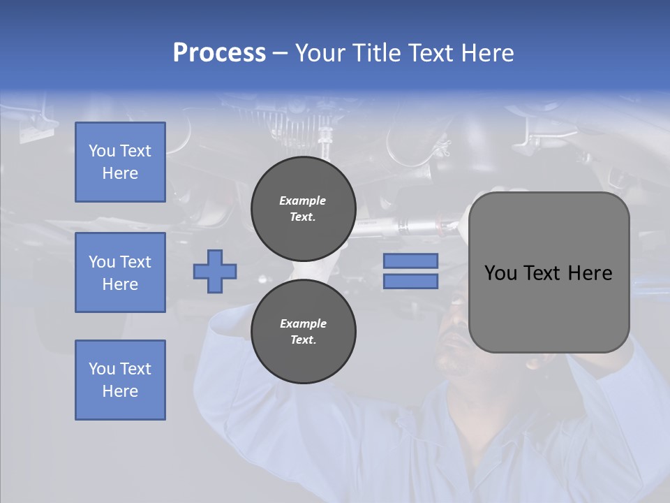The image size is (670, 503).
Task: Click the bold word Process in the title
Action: pos(219,53)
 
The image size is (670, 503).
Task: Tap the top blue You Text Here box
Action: pos(120,162)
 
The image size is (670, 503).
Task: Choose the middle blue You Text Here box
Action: pos(120,272)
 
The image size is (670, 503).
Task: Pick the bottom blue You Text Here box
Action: pos(120,380)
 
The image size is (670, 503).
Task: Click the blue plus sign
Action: pos(215,271)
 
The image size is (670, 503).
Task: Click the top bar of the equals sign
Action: pos(410,261)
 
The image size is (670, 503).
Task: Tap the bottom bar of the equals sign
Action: pos(410,282)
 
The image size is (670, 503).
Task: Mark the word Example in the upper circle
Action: pos(303,201)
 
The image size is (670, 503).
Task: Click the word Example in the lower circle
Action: pos(303,323)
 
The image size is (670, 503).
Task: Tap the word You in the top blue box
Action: pos(101,151)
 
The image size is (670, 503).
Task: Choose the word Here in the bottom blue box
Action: pos(120,391)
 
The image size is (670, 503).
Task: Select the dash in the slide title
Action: pos(280,53)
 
